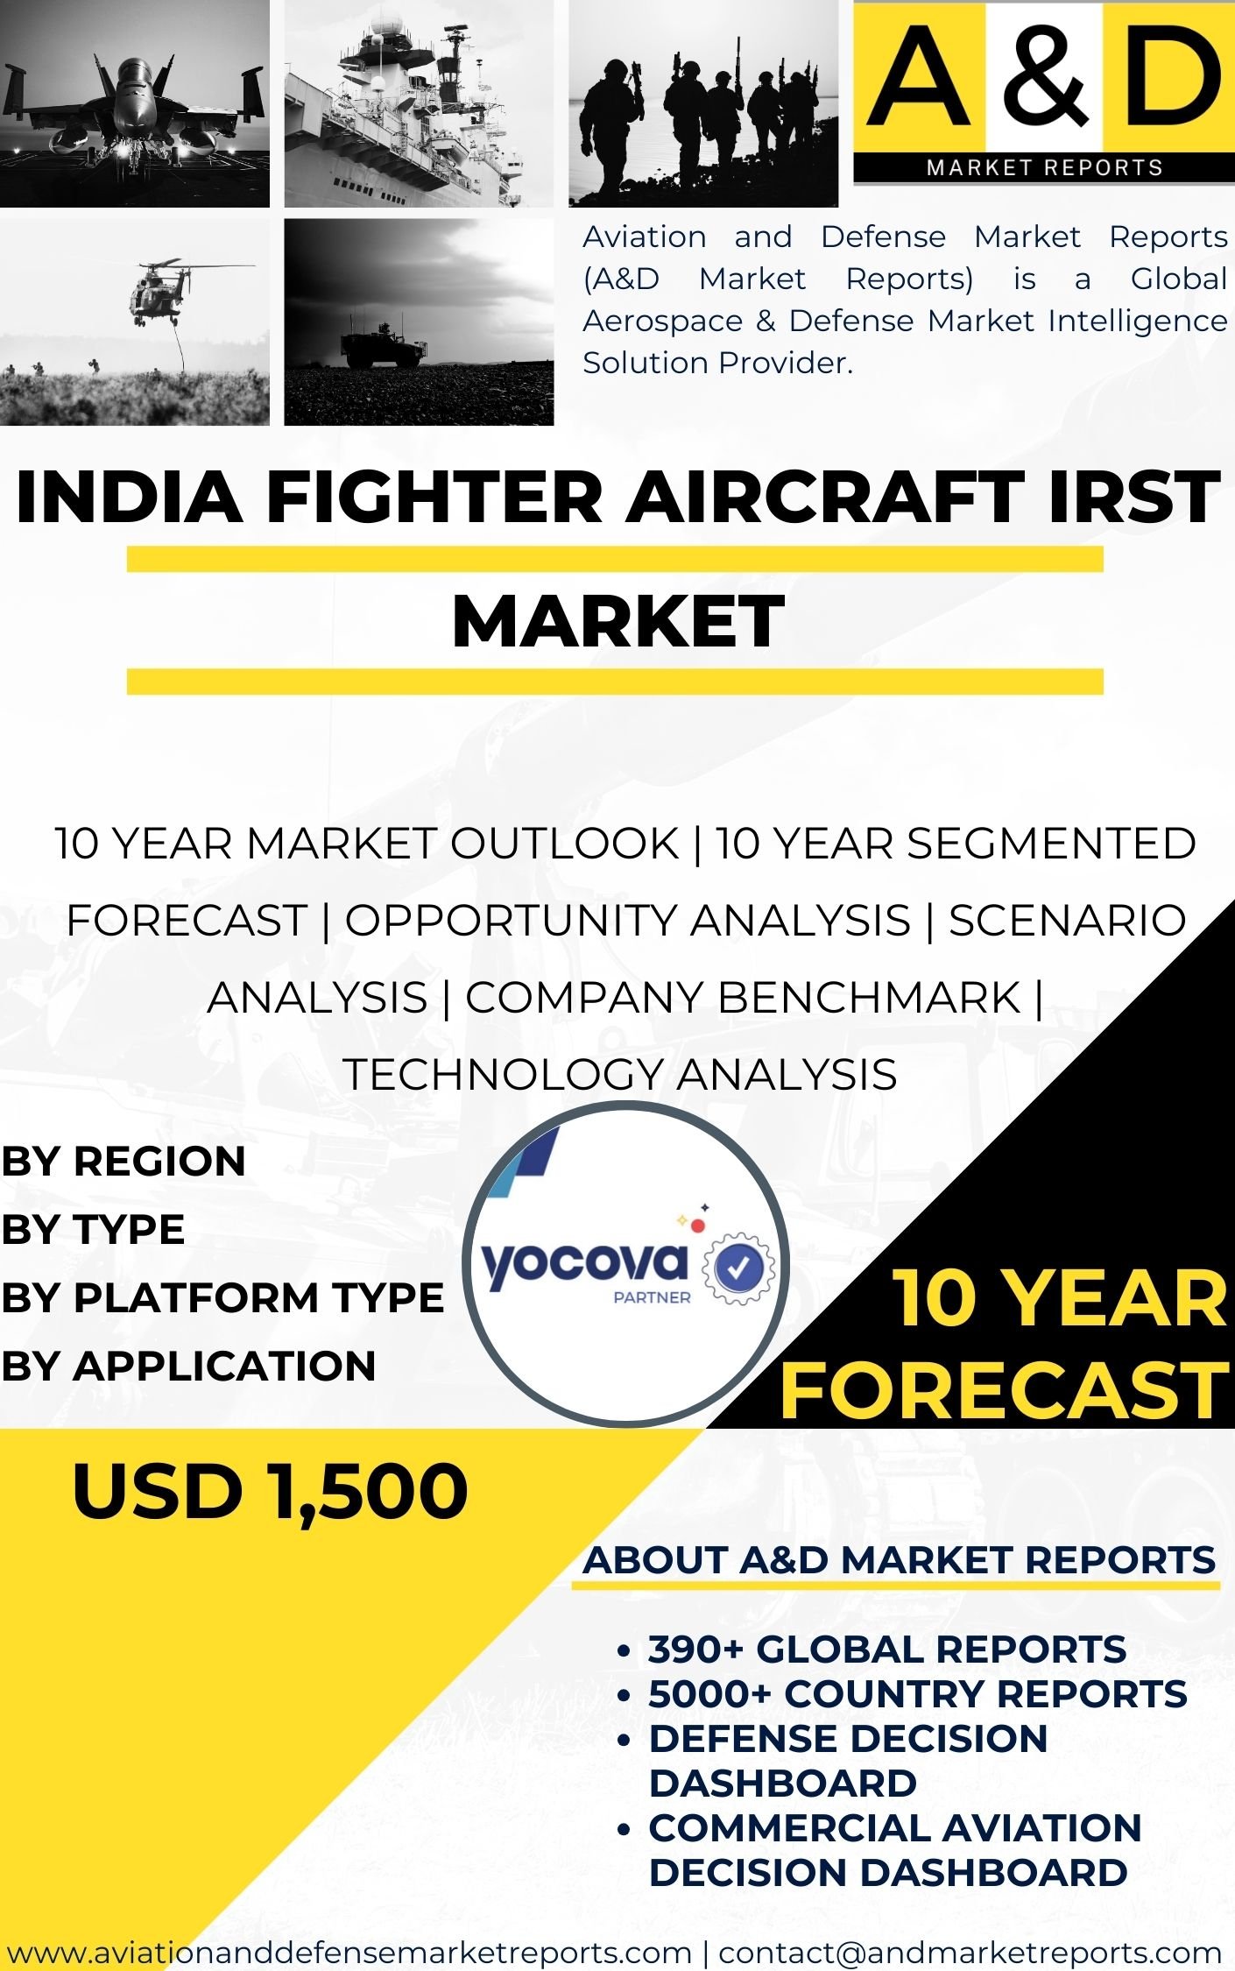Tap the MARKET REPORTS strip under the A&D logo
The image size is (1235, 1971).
[1044, 167]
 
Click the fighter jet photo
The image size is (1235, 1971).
[134, 103]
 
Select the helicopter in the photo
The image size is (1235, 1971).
[159, 288]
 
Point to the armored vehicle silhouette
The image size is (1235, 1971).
[384, 344]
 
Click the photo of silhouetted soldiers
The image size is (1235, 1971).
[702, 103]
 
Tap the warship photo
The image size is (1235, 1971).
[419, 103]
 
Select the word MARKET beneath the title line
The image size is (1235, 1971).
[617, 620]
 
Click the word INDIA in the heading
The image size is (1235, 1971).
[129, 497]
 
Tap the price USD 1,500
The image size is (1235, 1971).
[270, 1491]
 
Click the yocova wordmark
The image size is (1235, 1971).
[584, 1263]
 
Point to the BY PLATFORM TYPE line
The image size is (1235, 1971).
[222, 1297]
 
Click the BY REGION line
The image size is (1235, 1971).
[123, 1161]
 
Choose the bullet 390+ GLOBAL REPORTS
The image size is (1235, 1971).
[886, 1650]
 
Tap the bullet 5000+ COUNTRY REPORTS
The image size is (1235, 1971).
[917, 1694]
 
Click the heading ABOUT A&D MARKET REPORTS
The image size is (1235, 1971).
[900, 1560]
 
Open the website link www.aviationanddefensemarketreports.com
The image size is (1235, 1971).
[349, 1953]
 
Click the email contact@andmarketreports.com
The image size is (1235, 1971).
[970, 1953]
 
